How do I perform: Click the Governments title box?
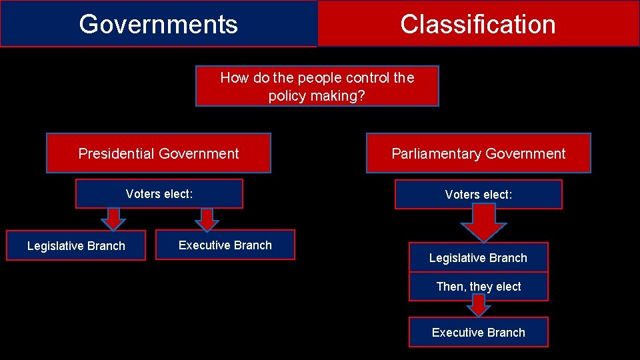(158, 24)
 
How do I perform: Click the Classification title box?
(478, 24)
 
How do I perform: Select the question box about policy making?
(317, 86)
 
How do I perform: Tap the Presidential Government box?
(159, 153)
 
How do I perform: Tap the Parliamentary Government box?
(478, 153)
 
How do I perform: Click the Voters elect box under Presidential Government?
(159, 194)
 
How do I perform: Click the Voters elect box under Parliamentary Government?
(478, 195)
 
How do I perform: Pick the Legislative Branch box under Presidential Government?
(76, 245)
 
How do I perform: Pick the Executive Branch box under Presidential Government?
(225, 245)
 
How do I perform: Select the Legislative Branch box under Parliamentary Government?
(478, 257)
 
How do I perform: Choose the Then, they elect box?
(478, 287)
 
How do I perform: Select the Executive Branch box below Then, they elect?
(478, 332)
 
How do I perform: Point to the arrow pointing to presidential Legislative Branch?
(114, 219)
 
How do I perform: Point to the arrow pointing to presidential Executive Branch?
(207, 219)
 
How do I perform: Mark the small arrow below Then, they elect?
(478, 306)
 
